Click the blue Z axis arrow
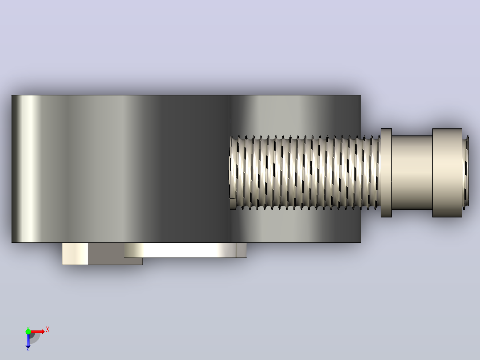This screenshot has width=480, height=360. (28, 340)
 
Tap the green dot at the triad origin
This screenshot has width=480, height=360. (28, 331)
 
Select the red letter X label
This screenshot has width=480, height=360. (48, 330)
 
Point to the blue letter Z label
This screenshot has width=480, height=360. (28, 349)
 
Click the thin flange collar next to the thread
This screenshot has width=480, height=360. (386, 173)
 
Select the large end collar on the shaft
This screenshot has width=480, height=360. (447, 173)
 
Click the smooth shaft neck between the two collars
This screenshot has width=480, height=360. (412, 173)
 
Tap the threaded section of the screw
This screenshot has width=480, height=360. (305, 173)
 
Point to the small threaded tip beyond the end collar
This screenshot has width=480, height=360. (465, 173)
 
